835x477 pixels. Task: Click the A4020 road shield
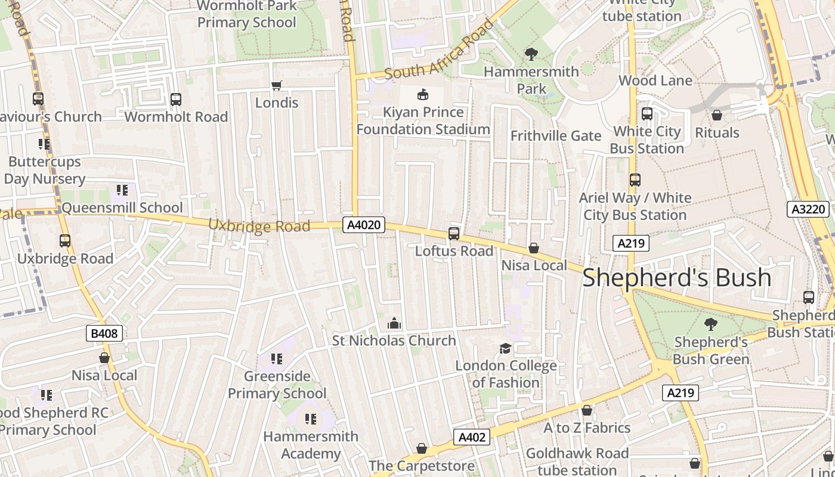point(364,225)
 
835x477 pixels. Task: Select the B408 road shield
point(105,333)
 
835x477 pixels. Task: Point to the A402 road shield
point(472,437)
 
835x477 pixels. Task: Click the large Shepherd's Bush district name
point(676,278)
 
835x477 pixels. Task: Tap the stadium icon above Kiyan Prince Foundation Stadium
point(423,94)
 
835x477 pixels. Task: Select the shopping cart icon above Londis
point(276,86)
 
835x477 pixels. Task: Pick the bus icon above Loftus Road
point(454,234)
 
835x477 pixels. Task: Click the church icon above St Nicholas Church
point(394,323)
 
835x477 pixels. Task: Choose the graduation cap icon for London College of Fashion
point(505,348)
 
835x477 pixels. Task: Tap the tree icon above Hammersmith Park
point(531,54)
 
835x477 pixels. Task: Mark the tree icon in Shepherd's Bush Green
point(710,324)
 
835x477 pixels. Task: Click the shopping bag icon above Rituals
point(717,115)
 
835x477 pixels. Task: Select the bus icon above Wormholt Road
point(176,100)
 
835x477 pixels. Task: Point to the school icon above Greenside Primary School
point(276,358)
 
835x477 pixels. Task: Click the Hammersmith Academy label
point(311,445)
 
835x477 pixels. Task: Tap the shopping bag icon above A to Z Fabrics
point(587,410)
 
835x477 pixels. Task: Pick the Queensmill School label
point(122,207)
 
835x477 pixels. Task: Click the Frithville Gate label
point(556,136)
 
